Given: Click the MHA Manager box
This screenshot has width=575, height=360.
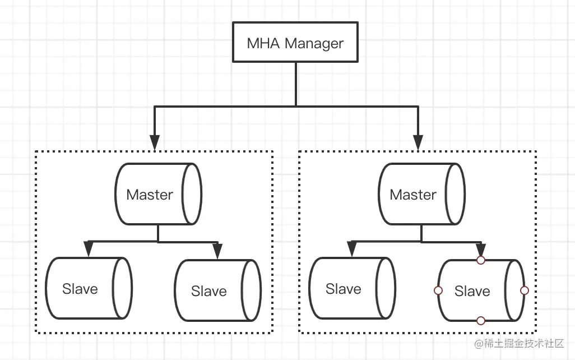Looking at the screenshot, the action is click(295, 42).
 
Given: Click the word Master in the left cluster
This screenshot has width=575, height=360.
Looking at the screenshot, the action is click(150, 195).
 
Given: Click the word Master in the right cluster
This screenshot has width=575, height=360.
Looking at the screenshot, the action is click(413, 195).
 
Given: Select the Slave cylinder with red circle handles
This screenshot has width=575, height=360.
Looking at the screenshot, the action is click(481, 290).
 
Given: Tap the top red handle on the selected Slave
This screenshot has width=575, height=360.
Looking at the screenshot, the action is click(481, 260).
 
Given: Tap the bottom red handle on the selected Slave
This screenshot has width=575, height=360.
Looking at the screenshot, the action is click(481, 321).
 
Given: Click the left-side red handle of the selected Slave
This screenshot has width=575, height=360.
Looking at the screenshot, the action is click(438, 290).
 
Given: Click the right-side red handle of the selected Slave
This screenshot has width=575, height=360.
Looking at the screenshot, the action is click(525, 290).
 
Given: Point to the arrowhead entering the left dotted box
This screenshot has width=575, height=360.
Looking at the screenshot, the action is click(155, 142).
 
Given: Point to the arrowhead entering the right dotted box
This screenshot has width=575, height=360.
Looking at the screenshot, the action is click(418, 142).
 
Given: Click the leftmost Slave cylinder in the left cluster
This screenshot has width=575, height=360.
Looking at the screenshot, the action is click(89, 288).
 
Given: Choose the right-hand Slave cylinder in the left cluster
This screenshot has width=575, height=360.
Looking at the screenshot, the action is click(218, 290).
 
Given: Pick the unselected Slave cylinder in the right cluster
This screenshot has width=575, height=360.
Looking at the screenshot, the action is click(352, 288).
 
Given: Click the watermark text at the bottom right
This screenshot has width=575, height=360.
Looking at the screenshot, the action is click(519, 344).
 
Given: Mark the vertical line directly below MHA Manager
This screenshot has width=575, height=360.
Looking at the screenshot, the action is click(296, 84).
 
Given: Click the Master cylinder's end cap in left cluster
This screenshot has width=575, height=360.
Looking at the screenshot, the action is click(192, 194).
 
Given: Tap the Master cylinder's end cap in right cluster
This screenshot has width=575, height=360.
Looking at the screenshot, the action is click(455, 194).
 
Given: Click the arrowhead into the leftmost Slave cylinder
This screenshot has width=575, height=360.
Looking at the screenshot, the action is click(89, 249).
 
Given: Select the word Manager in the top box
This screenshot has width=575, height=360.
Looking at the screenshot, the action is click(314, 44).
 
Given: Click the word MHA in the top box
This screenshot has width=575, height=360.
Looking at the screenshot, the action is click(263, 43).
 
